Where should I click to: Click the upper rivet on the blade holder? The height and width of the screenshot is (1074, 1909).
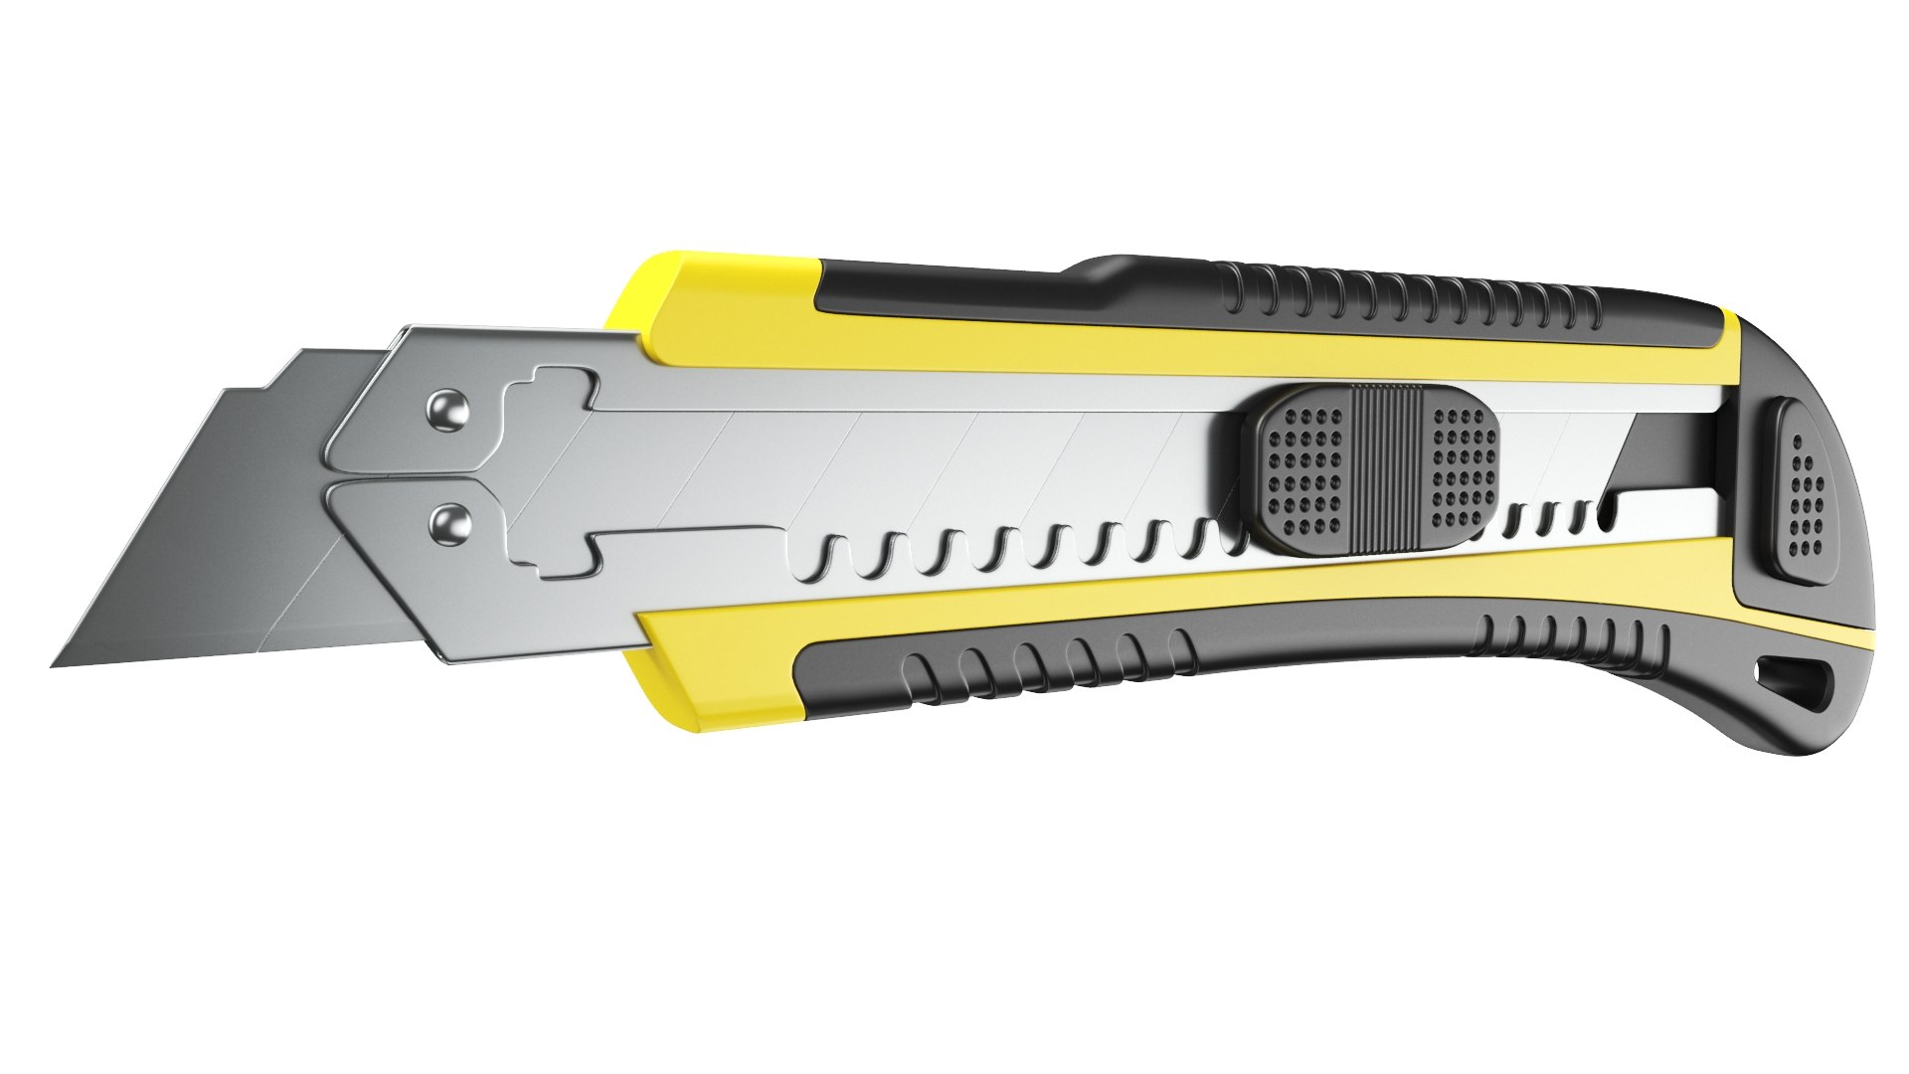[450, 411]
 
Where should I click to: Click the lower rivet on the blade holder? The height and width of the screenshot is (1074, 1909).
[450, 522]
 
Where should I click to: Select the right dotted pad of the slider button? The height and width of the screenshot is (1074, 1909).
[1462, 467]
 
